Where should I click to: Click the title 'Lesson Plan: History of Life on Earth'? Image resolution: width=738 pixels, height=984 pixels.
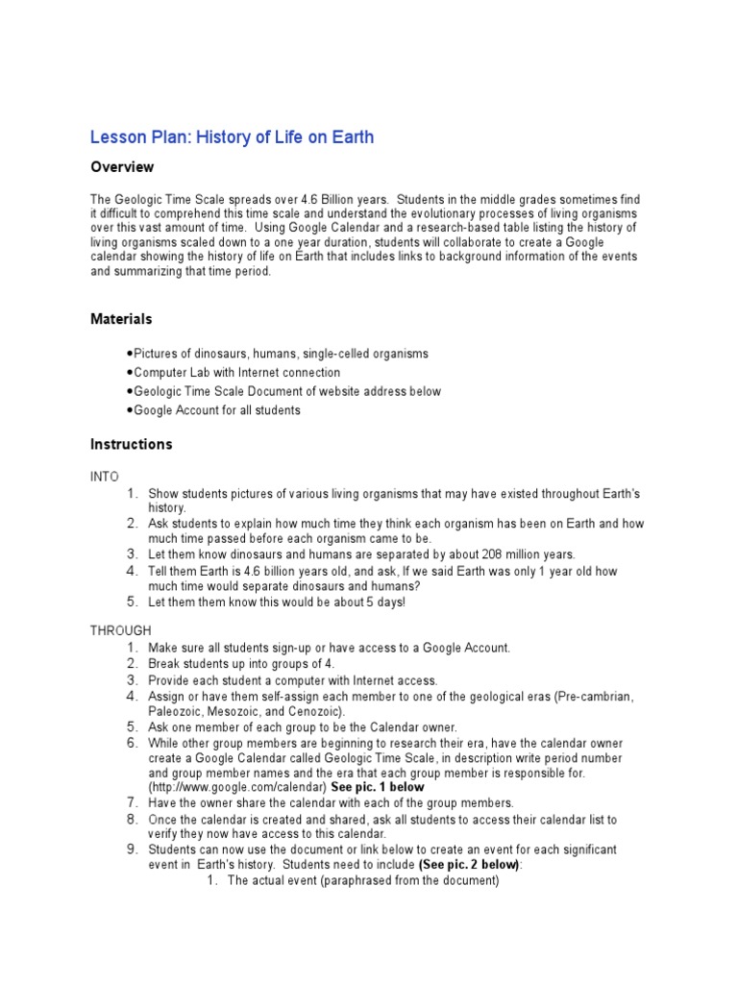coord(232,137)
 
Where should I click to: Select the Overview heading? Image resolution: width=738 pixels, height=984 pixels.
coord(122,167)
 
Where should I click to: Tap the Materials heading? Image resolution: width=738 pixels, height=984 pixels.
coord(121,318)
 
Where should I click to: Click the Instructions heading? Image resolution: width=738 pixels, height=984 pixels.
coord(131,444)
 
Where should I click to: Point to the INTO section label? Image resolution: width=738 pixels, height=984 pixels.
coord(104,476)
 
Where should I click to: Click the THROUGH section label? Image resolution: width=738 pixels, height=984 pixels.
coord(120,630)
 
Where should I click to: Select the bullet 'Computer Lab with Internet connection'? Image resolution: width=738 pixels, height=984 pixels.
coord(236,372)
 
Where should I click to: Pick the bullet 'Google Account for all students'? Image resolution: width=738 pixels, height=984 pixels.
coord(216,410)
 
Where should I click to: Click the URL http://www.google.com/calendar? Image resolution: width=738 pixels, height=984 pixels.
coord(237,787)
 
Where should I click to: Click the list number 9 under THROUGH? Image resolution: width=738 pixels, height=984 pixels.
coord(133,849)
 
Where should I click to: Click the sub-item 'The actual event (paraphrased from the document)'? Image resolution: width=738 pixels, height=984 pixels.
coord(362,880)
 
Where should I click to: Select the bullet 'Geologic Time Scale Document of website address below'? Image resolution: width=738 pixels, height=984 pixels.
coord(287,391)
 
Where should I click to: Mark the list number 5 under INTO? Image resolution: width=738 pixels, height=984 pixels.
coord(133,603)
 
